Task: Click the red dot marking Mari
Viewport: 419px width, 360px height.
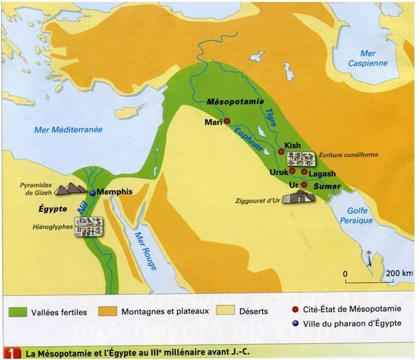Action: [x=227, y=122]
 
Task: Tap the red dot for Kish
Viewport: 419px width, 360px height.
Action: [x=281, y=151]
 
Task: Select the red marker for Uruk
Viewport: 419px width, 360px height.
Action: [x=292, y=170]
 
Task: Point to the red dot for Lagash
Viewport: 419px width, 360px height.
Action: [x=304, y=172]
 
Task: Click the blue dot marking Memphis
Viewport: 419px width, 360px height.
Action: [x=93, y=192]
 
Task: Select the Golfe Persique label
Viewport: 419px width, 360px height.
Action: [x=356, y=215]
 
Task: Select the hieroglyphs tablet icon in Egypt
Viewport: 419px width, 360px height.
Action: [x=88, y=227]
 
